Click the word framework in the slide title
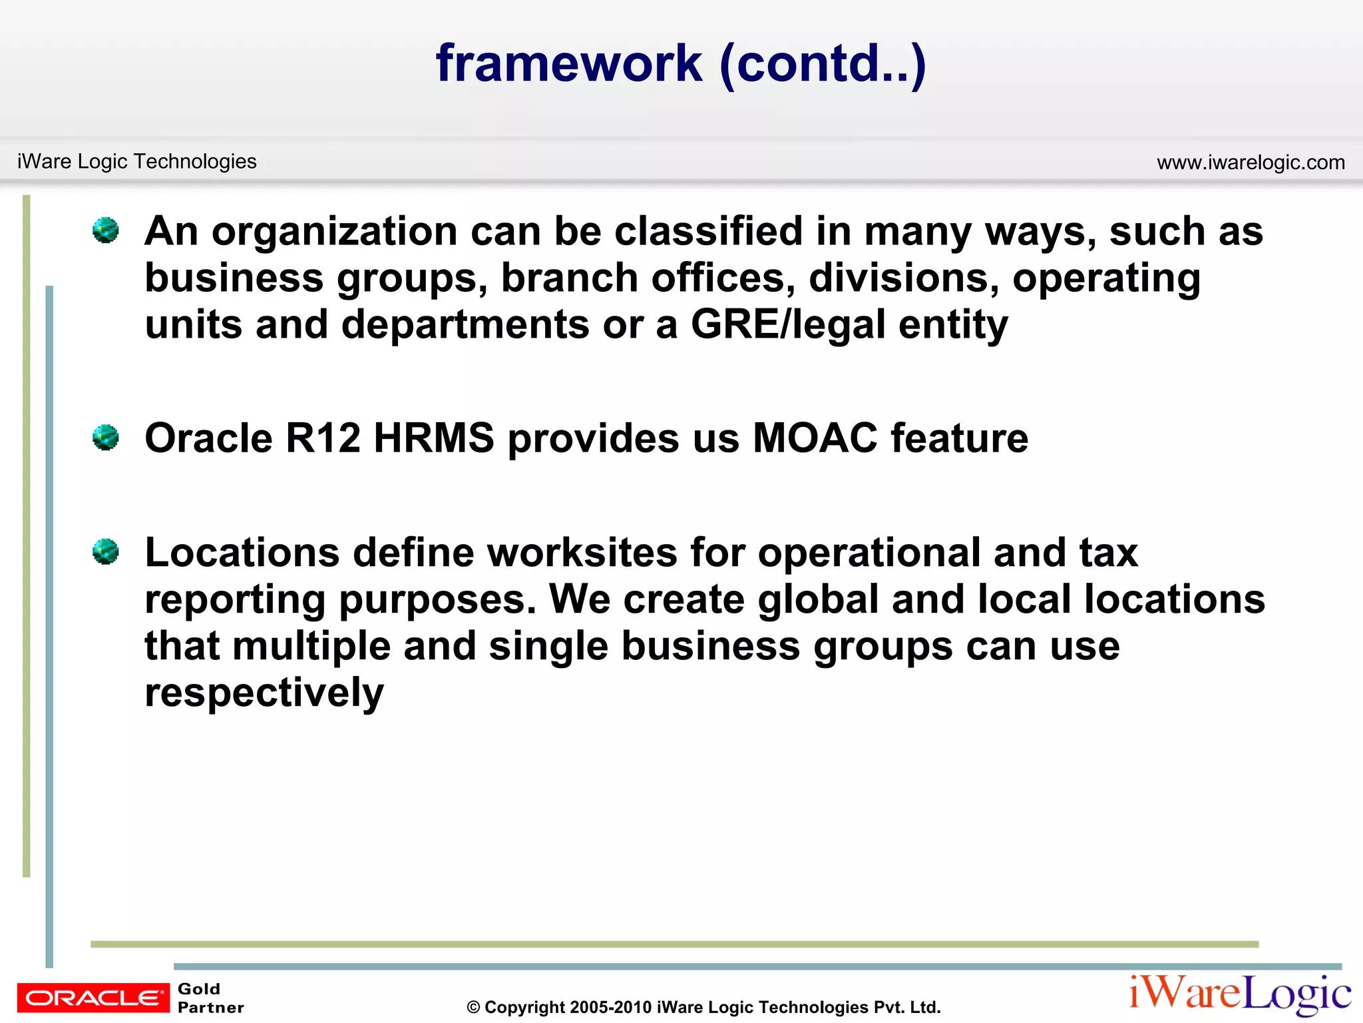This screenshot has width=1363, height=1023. [x=569, y=63]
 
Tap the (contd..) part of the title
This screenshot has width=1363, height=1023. [x=823, y=65]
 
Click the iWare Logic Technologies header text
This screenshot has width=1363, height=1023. [x=136, y=161]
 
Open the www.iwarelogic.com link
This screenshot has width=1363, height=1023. [x=1251, y=163]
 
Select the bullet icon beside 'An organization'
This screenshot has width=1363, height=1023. [x=106, y=230]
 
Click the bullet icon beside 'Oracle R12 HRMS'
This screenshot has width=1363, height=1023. [x=106, y=438]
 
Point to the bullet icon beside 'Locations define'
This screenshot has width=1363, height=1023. [x=106, y=551]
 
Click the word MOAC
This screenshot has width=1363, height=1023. [x=815, y=438]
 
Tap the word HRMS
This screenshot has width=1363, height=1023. [x=434, y=438]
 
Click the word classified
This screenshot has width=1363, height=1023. [x=708, y=231]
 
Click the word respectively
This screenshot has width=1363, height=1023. [x=264, y=693]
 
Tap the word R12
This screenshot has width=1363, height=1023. [x=323, y=438]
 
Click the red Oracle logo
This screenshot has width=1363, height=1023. [x=93, y=997]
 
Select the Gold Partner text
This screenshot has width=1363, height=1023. [x=210, y=998]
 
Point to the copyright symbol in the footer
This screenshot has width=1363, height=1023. [x=473, y=1008]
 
